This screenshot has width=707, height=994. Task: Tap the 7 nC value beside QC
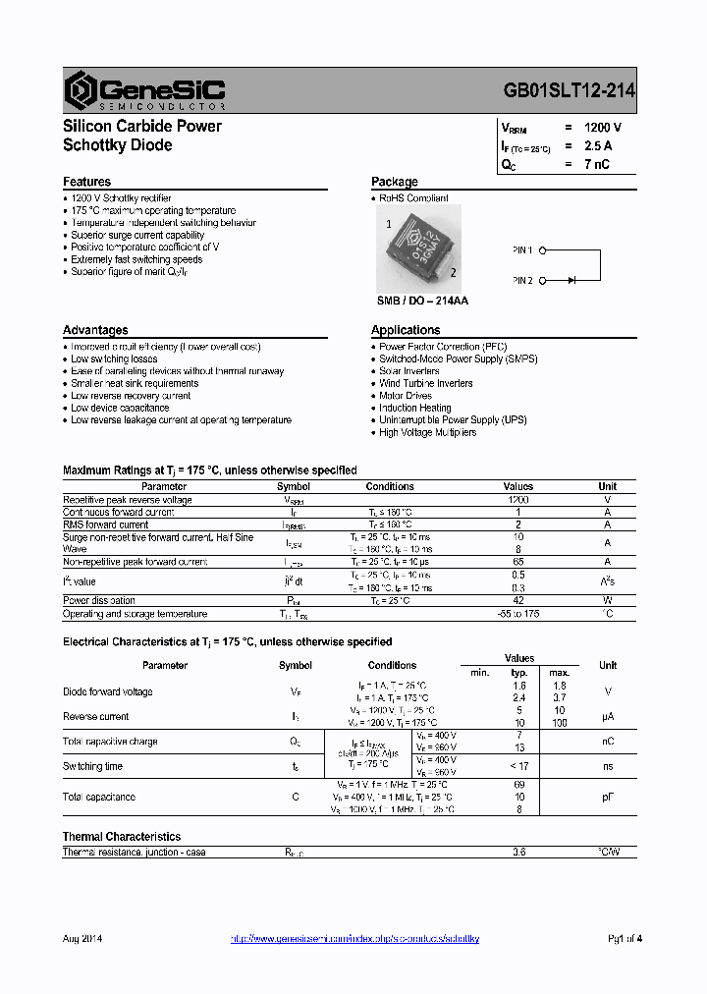point(595,164)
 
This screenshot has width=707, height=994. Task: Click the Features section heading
point(86,182)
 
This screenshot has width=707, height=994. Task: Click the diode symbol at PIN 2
point(571,281)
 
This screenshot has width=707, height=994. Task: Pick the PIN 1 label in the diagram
point(522,250)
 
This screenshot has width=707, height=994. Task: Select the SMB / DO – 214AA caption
point(422,301)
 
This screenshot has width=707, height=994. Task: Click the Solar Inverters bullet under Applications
point(408,371)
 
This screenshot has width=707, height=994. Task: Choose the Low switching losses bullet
point(113,359)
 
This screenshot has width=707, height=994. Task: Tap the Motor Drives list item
point(407,396)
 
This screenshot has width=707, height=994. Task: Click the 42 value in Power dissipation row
point(518,600)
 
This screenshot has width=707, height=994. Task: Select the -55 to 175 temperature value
point(518,614)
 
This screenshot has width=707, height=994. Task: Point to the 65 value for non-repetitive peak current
point(518,562)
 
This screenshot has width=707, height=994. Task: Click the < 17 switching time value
point(518,766)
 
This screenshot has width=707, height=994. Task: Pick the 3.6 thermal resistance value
point(518,853)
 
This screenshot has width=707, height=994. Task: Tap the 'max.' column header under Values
point(559,672)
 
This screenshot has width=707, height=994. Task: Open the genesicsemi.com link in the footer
point(354,939)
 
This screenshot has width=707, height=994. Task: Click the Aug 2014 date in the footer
point(82,939)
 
